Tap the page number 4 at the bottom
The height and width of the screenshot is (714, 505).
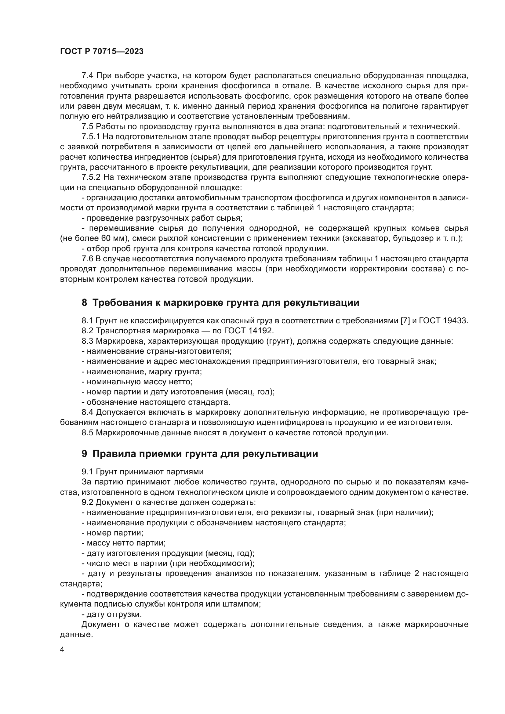[x=62, y=650]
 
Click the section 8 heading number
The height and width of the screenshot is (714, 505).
[x=84, y=303]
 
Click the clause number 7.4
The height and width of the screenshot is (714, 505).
[x=88, y=76]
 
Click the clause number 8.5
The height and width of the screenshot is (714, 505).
[x=88, y=433]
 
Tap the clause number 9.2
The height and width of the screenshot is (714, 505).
[x=88, y=502]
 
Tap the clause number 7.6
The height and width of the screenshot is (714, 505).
[x=88, y=259]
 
